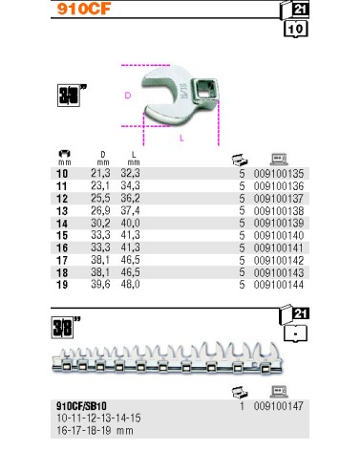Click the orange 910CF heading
tap(84, 9)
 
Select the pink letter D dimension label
tap(128, 96)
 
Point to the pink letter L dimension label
tap(181, 138)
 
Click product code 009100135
tap(279, 174)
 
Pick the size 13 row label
tap(62, 211)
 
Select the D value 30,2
tap(100, 223)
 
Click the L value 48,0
tap(130, 285)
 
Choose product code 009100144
tap(279, 285)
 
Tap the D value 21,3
tap(100, 173)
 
